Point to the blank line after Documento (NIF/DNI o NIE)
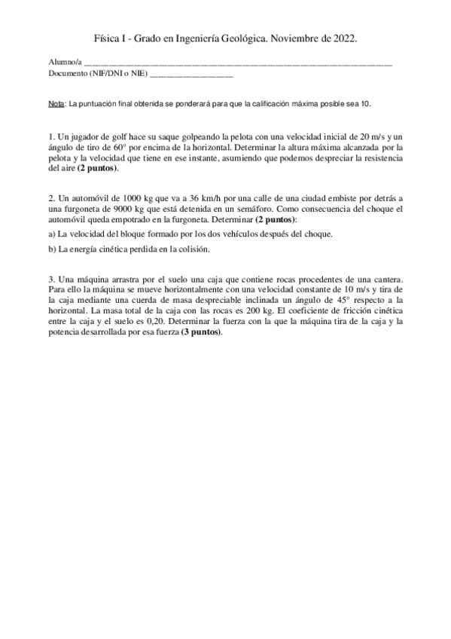pyautogui.click(x=191, y=76)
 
